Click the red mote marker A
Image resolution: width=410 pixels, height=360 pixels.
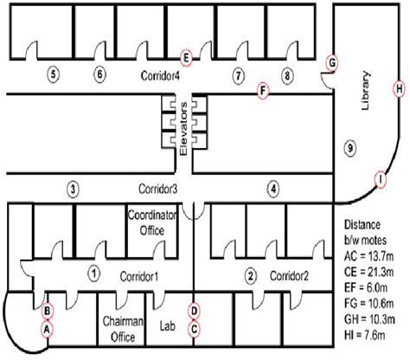pyautogui.click(x=48, y=328)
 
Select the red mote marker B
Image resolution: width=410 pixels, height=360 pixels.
pyautogui.click(x=48, y=310)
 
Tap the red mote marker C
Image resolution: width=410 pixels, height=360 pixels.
pyautogui.click(x=195, y=328)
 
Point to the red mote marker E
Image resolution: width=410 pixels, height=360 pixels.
pyautogui.click(x=185, y=57)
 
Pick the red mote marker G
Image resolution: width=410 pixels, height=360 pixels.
pyautogui.click(x=331, y=63)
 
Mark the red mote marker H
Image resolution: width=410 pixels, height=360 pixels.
pyautogui.click(x=399, y=88)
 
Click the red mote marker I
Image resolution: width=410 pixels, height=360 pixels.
pyautogui.click(x=379, y=179)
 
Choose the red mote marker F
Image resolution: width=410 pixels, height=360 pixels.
pyautogui.click(x=263, y=89)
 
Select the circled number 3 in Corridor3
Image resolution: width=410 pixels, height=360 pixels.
pyautogui.click(x=74, y=188)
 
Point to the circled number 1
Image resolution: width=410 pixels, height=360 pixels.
pyautogui.click(x=93, y=275)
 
